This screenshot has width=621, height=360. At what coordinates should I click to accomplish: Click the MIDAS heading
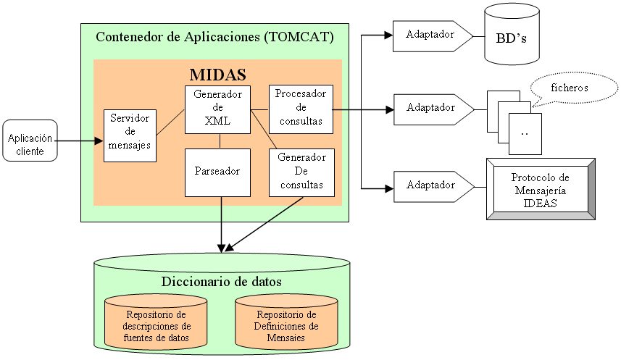217,74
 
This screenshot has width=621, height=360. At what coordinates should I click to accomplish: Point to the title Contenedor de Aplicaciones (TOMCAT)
215,36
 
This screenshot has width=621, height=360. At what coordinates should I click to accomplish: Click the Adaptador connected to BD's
430,35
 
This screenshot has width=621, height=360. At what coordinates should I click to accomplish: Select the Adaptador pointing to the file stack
430,109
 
